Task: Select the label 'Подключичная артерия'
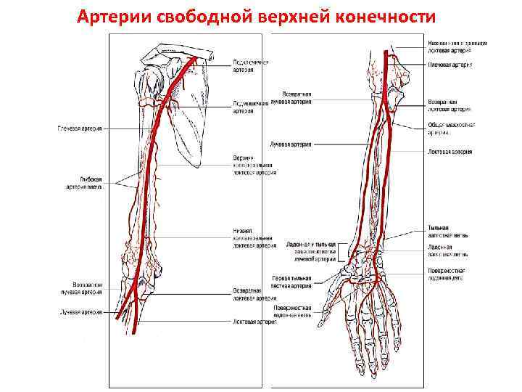250,65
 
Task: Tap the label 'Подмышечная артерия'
250,107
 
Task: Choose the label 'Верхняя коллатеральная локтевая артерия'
253,165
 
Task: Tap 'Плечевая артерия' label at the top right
450,65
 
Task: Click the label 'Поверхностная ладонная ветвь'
292,312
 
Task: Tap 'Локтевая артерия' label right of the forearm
452,152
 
